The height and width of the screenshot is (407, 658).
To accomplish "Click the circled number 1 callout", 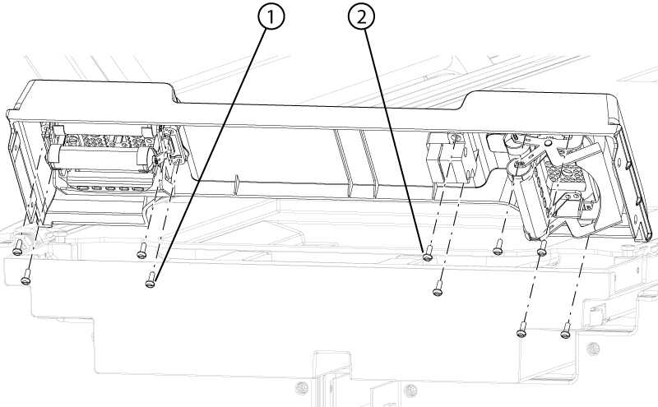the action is (x=271, y=16).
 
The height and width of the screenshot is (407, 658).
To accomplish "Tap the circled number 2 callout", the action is (x=361, y=16).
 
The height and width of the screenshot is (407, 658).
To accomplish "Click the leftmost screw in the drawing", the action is (x=17, y=248).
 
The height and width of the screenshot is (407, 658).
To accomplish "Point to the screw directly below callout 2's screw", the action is (x=438, y=289).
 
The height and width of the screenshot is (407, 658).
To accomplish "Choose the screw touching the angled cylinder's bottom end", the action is (x=542, y=248).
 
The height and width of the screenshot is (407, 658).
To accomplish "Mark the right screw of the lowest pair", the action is (x=566, y=331).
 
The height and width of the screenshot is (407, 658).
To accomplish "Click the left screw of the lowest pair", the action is (x=521, y=330).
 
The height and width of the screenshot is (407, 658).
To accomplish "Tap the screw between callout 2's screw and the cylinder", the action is (x=498, y=247).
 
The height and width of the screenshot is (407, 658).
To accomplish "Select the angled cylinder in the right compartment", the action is (x=530, y=201).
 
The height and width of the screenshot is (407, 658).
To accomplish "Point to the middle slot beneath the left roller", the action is (x=110, y=187).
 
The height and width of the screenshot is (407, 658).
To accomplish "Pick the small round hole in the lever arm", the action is (x=548, y=143).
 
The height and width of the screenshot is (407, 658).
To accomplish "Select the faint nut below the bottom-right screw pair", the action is (x=592, y=348).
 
